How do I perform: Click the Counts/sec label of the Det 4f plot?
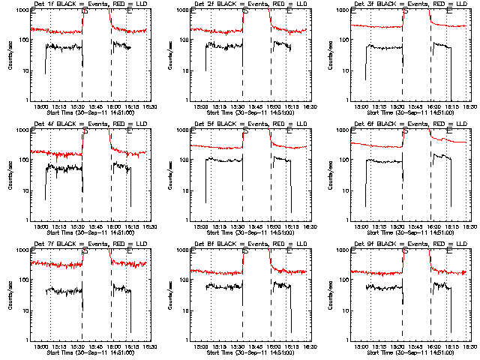[10, 174]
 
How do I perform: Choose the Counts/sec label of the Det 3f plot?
[331, 54]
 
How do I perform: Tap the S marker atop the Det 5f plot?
[245, 130]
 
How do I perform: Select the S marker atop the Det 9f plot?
[406, 250]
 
